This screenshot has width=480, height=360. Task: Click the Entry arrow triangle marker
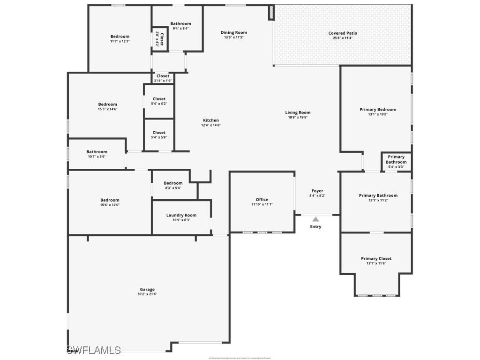316,219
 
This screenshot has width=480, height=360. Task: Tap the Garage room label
147,289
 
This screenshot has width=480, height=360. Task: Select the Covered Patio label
343,33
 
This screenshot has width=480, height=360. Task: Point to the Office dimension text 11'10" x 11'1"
262,204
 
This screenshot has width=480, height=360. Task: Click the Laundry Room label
181,215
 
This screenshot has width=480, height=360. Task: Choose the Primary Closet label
376,258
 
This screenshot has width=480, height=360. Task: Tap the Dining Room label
234,32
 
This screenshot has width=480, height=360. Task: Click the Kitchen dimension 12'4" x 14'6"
211,125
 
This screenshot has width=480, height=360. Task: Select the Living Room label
298,112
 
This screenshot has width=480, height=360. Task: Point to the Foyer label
317,191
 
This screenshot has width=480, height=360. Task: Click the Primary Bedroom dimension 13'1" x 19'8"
378,114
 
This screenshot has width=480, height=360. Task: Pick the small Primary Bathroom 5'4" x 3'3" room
396,162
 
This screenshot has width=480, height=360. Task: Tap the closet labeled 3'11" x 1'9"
163,78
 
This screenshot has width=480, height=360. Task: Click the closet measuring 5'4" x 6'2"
159,101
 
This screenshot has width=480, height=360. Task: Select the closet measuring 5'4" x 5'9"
159,135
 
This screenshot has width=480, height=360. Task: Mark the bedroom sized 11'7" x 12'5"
120,38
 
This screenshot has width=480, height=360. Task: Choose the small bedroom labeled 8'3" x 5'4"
173,185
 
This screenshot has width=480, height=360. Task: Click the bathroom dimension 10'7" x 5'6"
97,157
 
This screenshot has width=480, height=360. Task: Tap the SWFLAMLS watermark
94,350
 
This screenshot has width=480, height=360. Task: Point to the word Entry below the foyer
316,227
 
